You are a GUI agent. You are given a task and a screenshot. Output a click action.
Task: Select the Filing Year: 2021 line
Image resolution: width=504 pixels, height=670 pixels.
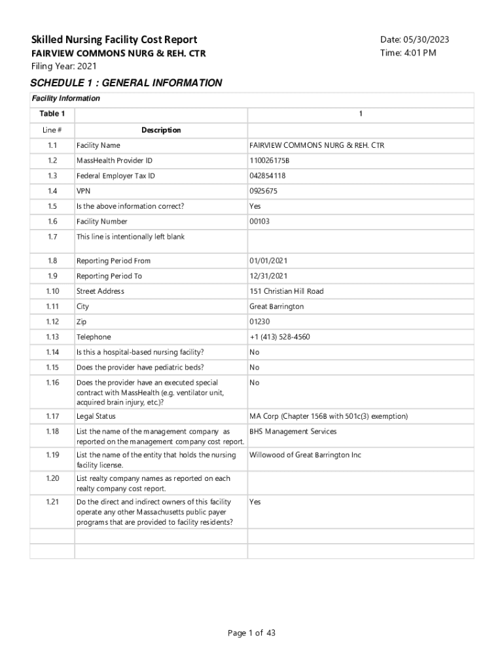click(63, 66)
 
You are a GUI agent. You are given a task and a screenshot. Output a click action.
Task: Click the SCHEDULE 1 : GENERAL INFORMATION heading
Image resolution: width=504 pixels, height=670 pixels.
click(126, 83)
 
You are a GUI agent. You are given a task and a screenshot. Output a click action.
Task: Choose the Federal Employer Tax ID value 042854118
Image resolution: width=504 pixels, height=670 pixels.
click(267, 176)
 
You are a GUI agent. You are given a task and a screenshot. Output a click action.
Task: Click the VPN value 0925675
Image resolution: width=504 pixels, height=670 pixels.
click(263, 191)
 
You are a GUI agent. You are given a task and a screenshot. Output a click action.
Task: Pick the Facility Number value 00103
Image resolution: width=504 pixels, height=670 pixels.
click(259, 222)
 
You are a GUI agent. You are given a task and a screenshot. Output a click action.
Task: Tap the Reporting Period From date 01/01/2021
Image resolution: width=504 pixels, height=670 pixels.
click(269, 261)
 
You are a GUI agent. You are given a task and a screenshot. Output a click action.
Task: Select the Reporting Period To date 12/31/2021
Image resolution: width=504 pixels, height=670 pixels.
click(269, 276)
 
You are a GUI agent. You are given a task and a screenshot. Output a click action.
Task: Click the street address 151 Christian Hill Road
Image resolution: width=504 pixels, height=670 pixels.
click(286, 291)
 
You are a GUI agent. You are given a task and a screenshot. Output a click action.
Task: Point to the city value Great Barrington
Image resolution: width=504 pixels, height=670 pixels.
click(276, 306)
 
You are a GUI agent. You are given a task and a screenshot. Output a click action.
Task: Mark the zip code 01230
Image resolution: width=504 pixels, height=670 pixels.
click(259, 322)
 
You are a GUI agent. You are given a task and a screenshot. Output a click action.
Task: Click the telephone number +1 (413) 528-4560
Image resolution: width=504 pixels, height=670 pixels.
click(279, 337)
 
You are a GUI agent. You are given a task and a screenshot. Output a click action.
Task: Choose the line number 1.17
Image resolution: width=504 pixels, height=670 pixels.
click(52, 416)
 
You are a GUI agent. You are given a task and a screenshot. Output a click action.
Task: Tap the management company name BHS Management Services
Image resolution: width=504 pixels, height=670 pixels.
click(293, 432)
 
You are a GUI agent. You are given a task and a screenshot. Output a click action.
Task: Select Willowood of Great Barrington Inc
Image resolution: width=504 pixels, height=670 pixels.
click(305, 455)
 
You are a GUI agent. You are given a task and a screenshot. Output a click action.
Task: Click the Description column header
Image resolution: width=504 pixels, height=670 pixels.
click(161, 130)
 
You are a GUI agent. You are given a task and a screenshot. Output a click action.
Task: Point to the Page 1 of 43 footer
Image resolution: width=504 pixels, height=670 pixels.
click(252, 633)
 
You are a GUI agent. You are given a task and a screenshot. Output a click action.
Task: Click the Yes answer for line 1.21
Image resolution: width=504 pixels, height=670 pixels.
click(255, 502)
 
